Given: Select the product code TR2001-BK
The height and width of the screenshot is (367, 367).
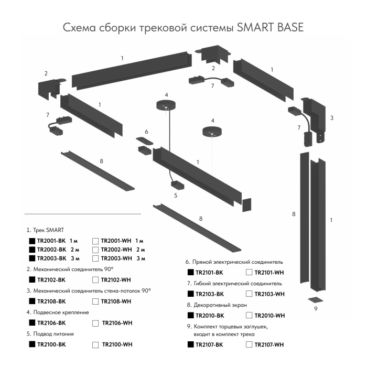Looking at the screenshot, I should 51,240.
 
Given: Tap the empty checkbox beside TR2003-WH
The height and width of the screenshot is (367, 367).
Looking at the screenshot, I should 95,258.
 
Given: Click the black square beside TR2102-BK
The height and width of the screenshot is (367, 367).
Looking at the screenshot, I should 31,280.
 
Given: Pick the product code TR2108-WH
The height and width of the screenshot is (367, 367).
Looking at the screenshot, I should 115,301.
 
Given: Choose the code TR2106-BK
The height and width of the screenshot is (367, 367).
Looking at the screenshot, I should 51,323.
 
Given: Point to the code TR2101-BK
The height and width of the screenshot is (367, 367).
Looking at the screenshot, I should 209,273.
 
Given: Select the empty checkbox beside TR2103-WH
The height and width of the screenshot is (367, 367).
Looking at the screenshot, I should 249,294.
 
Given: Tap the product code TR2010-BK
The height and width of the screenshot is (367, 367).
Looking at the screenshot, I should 209,316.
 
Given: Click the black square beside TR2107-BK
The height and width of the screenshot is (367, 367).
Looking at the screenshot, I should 190,344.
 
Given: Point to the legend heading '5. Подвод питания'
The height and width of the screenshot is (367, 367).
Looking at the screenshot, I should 50,333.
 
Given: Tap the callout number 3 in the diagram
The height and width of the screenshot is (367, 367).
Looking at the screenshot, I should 331,118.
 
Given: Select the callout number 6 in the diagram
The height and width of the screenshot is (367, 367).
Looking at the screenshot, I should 147,131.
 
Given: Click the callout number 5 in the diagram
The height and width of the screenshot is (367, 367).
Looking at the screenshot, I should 176,196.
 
